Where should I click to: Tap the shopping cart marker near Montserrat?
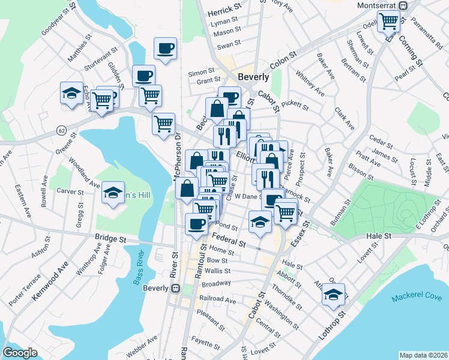(390, 22)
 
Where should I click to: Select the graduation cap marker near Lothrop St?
(333, 294)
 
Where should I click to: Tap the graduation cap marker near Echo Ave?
(71, 94)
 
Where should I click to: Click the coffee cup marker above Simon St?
(165, 49)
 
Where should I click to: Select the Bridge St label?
(110, 238)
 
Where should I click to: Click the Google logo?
(20, 353)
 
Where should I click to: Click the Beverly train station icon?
(176, 288)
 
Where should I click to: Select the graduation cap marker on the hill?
(112, 193)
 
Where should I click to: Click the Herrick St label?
(223, 11)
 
